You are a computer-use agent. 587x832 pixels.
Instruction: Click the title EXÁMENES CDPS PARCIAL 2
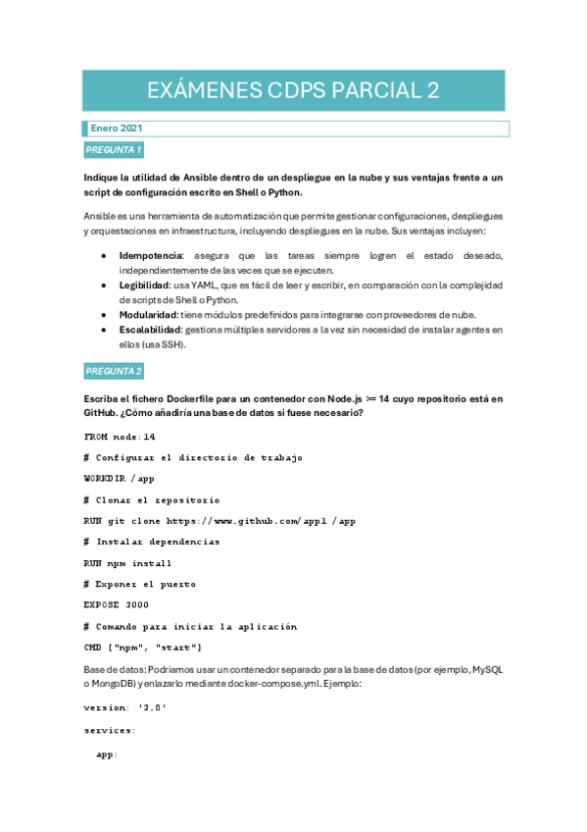(293, 91)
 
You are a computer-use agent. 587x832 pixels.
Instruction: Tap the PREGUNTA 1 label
(114, 150)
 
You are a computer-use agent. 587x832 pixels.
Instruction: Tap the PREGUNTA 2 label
(114, 372)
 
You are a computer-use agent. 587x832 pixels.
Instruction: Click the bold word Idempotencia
(149, 255)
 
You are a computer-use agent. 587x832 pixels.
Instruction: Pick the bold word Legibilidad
(145, 285)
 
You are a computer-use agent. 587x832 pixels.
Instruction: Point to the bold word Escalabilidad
(150, 330)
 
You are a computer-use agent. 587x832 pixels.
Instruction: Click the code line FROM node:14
(120, 437)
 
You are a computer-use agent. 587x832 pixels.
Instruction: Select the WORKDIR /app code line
(120, 479)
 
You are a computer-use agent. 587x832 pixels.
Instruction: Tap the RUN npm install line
(128, 563)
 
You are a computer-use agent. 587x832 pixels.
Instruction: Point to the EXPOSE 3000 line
(117, 605)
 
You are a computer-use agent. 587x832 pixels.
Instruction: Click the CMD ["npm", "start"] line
(143, 648)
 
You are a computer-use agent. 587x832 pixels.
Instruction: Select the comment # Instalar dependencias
(152, 542)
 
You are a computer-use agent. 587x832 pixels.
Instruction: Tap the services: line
(110, 731)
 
